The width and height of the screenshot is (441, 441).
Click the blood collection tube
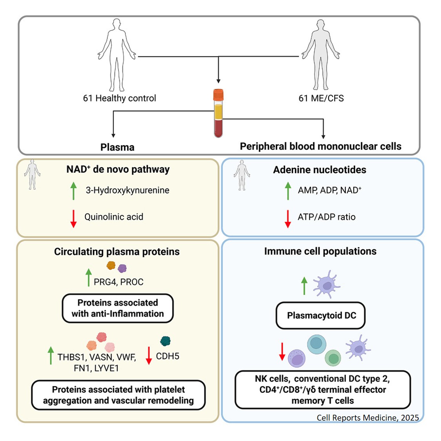pos(218,114)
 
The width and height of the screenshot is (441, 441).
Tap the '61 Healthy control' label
pos(119,98)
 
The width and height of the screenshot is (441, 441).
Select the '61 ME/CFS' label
pos(321,98)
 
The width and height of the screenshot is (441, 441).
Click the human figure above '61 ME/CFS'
pos(320,55)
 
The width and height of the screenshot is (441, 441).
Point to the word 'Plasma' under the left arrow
pos(117,147)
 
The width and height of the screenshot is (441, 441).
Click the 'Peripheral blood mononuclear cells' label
pos(320,147)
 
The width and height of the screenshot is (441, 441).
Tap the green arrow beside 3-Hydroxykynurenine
pos(73,191)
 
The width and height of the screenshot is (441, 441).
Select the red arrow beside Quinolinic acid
pos(73,218)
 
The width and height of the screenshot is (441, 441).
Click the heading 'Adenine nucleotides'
pos(319,170)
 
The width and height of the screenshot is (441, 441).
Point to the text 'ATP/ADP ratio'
pos(326,217)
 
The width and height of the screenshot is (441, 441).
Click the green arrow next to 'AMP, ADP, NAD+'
pos(288,191)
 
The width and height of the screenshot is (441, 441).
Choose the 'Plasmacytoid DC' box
pos(321,316)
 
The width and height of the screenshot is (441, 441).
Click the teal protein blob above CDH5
pos(165,341)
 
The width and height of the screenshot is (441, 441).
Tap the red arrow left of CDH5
pos(149,356)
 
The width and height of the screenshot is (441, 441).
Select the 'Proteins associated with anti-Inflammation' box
pos(118,308)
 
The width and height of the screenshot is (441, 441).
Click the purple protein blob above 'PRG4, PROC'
pos(122,268)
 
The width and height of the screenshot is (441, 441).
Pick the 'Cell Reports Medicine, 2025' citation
pos(367,418)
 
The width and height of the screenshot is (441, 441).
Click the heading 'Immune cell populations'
pos(320,251)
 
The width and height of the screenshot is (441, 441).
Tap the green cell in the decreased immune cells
pos(333,358)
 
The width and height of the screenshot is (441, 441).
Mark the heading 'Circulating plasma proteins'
pos(117,252)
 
